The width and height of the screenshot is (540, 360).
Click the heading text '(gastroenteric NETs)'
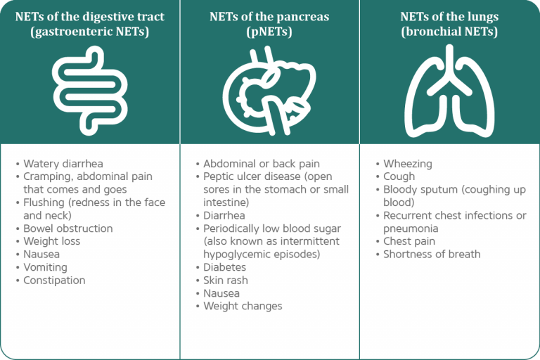(90, 32)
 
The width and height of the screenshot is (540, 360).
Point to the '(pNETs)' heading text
(270, 32)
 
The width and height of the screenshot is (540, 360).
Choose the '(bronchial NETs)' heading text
(449, 32)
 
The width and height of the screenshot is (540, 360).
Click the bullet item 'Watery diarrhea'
(63, 164)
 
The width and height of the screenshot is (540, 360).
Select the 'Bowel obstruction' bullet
(67, 229)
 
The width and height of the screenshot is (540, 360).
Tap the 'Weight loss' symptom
(51, 241)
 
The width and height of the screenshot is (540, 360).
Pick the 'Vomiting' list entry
(45, 267)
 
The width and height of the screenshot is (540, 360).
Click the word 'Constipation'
(54, 280)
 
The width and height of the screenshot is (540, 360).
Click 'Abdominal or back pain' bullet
(261, 164)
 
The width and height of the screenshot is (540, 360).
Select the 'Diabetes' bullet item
(225, 267)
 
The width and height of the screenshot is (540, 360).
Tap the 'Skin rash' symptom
(226, 280)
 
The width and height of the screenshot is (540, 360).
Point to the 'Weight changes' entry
(243, 306)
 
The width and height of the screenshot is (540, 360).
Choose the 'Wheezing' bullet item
(408, 164)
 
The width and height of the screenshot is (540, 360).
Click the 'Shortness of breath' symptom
(432, 254)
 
